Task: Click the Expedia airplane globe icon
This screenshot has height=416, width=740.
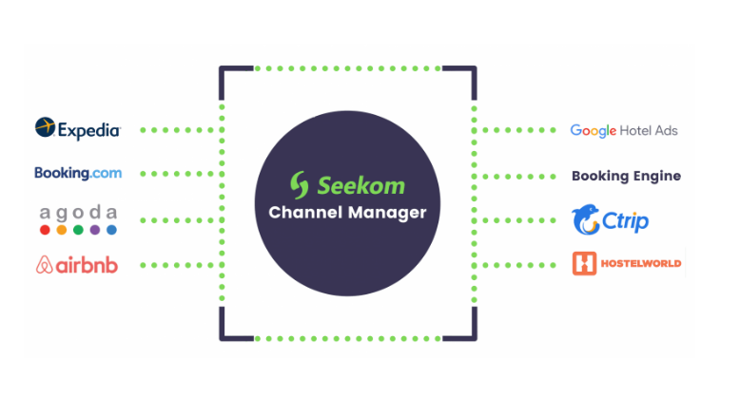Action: [x=46, y=127]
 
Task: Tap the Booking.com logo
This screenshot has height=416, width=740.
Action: [x=78, y=173]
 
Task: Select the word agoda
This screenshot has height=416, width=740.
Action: [x=78, y=212]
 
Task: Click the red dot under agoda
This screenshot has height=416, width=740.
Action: [x=45, y=230]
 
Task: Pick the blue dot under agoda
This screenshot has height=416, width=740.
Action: [x=111, y=230]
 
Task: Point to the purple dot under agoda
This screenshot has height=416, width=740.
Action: [x=95, y=230]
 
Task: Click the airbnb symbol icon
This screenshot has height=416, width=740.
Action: [x=44, y=265]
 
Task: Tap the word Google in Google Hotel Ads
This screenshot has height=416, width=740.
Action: [x=594, y=130]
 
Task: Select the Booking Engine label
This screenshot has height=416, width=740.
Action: [x=626, y=176]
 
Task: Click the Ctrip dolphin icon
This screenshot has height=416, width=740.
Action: [x=585, y=220]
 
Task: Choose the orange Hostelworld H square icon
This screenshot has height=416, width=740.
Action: [x=584, y=263]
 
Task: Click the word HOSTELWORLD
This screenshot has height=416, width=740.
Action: [x=641, y=263]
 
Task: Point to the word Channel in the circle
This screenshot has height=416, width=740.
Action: [x=304, y=213]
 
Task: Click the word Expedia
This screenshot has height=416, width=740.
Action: [x=88, y=129]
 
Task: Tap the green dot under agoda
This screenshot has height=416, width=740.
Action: [x=78, y=230]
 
